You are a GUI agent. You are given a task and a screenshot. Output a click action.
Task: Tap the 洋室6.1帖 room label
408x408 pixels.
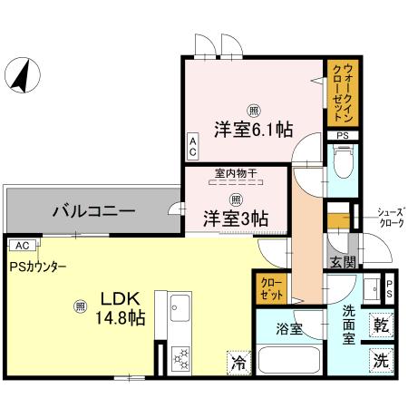(253, 129)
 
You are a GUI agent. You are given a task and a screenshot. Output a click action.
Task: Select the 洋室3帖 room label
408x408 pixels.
(234, 218)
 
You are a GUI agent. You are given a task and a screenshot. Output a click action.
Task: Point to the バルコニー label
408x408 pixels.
(92, 210)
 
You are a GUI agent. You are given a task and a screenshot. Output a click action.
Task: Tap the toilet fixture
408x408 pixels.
(343, 164)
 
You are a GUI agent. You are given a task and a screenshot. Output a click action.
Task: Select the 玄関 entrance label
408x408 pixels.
(342, 263)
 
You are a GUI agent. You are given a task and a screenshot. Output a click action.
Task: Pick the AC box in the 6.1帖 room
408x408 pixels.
(192, 148)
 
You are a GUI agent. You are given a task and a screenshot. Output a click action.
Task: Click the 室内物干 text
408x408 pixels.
(234, 172)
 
